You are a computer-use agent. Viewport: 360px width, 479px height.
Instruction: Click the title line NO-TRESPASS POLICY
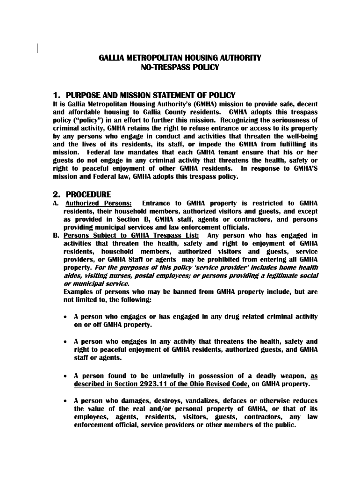[x=180, y=68]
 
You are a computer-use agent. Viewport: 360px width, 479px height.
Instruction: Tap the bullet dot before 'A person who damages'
[x=66, y=401]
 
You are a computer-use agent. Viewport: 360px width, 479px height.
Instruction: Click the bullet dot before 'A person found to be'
[x=66, y=376]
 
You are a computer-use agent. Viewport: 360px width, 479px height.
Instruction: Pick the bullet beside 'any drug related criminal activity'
[x=66, y=317]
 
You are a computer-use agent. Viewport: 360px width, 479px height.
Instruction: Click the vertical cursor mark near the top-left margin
[x=37, y=46]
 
